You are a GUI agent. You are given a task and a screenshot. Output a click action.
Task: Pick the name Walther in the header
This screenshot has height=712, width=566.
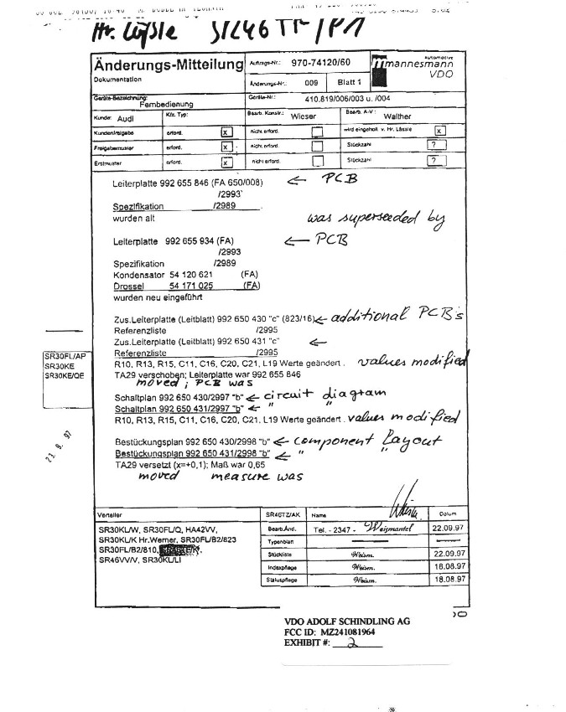(397, 117)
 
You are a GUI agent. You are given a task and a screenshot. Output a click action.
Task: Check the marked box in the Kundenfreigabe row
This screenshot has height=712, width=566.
(225, 132)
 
